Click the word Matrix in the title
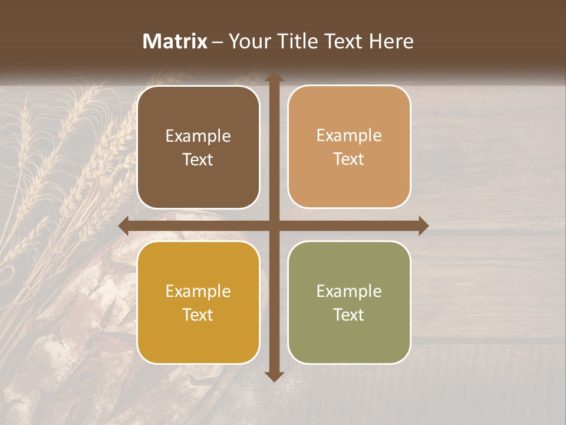coord(175,41)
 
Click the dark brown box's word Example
coord(198,136)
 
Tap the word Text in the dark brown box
coord(198,159)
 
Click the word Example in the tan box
coord(349,136)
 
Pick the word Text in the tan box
coord(349,159)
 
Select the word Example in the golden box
coord(198,291)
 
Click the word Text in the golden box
coord(198,314)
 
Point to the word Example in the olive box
coord(349,291)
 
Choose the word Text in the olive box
coord(349,314)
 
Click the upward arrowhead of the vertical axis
coord(274,77)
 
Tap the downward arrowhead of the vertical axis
coord(274,376)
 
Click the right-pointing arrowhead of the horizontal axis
coord(423,225)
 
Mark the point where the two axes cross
coord(274,225)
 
